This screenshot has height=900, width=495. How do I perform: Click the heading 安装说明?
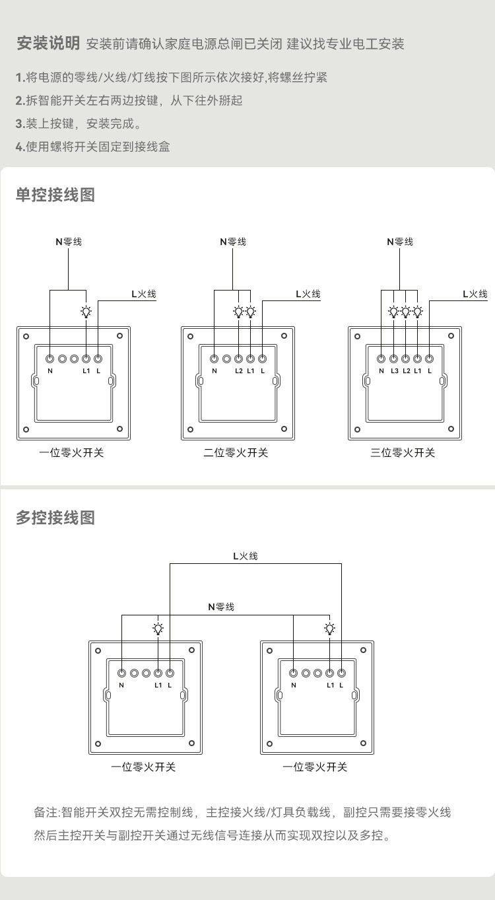48,44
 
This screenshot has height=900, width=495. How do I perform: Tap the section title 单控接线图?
55,195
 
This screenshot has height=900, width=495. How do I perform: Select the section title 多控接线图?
55,518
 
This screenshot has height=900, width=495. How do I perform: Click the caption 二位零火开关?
236,452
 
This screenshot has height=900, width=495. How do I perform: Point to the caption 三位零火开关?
403,452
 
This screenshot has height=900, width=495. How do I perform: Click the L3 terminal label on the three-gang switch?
394,370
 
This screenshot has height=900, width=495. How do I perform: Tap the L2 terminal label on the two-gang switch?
238,370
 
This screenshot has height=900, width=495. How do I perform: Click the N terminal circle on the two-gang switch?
214,359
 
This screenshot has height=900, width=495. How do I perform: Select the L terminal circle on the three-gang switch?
430,359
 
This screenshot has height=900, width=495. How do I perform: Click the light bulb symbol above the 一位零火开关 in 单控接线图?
86,312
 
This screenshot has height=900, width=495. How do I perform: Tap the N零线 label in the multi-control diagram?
221,606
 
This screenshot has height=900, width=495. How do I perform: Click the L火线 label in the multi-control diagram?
245,556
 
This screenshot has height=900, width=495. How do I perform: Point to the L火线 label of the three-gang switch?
475,294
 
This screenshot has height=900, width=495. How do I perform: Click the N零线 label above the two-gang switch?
233,242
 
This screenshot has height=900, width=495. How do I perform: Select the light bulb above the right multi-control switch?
329,628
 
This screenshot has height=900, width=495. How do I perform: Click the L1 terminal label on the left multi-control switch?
158,685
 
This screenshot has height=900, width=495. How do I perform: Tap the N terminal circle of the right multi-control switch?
294,673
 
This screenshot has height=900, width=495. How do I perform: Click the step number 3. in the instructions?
20,123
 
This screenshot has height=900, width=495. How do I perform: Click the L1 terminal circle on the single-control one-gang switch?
86,359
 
